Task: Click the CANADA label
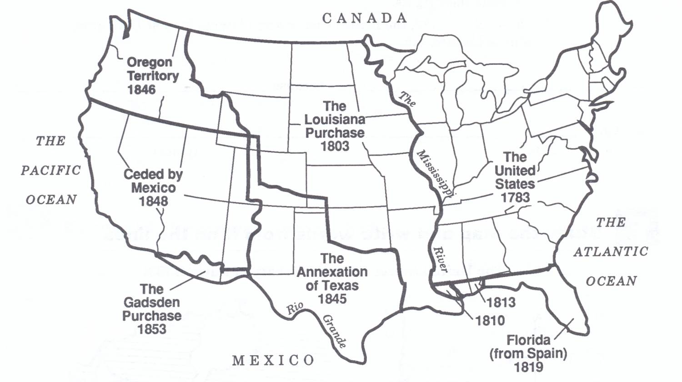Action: [x=365, y=18]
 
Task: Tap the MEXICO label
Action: [x=273, y=361]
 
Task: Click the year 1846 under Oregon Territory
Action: [x=141, y=90]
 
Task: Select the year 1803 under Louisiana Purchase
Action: [x=335, y=146]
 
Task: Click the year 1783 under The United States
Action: [x=515, y=197]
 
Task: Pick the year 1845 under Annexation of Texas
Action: [x=332, y=299]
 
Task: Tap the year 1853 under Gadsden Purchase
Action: [x=151, y=329]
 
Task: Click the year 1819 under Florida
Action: [x=528, y=367]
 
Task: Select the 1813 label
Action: [x=501, y=302]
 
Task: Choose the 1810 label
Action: [x=490, y=321]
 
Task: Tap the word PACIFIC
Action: [x=51, y=171]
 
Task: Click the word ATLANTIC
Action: [x=611, y=251]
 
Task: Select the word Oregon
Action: [x=150, y=62]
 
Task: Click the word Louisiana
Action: [x=335, y=120]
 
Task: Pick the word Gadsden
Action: [x=151, y=302]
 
